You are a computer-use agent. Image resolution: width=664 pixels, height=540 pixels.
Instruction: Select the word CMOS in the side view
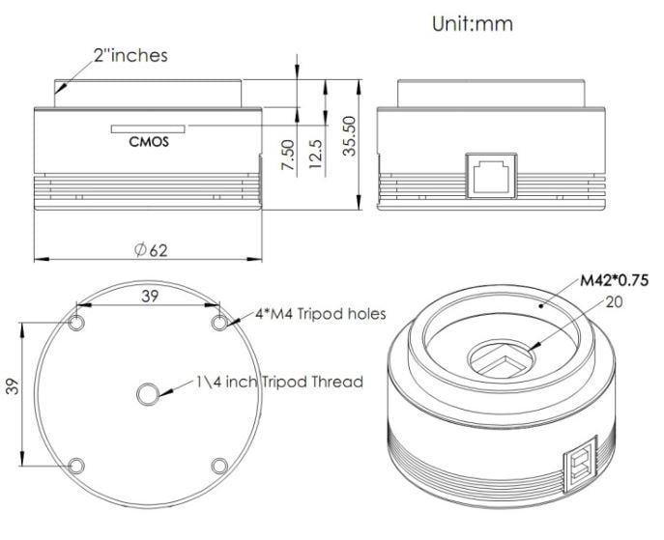[149, 141]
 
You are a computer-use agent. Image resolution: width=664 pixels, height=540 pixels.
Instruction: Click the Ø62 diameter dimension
[151, 250]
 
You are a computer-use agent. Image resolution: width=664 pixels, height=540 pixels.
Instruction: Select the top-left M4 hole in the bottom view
[77, 321]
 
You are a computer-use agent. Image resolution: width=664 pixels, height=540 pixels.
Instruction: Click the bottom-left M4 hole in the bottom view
[77, 466]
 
